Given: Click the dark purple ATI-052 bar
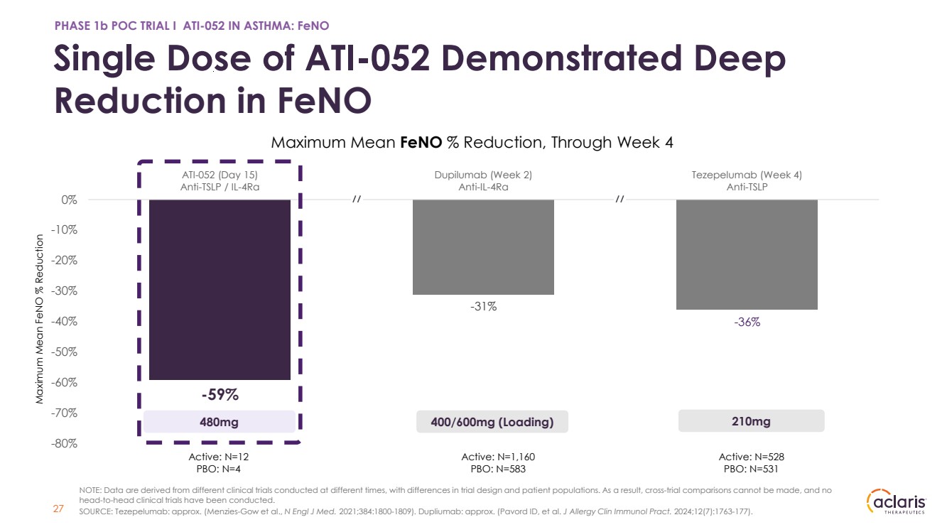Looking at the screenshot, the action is click(220, 290).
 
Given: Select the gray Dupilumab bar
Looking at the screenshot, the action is click(483, 246).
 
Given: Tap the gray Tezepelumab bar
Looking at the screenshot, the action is click(747, 254).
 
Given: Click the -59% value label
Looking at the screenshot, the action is click(220, 395).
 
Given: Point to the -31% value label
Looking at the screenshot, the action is click(483, 306).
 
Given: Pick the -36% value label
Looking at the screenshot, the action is click(747, 322).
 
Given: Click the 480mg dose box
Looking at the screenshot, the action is click(220, 422).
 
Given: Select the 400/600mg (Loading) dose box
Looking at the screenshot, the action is click(492, 422).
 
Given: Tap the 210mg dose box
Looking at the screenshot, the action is click(751, 421).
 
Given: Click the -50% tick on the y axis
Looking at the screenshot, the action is click(64, 352).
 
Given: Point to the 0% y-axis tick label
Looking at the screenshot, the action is click(70, 200).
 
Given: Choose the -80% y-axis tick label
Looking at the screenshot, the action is click(64, 443).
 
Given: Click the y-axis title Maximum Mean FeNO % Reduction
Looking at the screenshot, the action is click(39, 319).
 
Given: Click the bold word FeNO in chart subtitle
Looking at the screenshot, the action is click(421, 142).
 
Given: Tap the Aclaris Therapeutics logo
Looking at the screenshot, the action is click(897, 501).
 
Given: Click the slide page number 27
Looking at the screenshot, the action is click(58, 509).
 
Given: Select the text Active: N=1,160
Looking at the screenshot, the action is click(498, 457).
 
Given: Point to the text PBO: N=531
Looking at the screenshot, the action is click(751, 469).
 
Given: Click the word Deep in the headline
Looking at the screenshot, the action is click(740, 59).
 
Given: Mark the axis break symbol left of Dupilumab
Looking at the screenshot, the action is click(357, 199).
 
